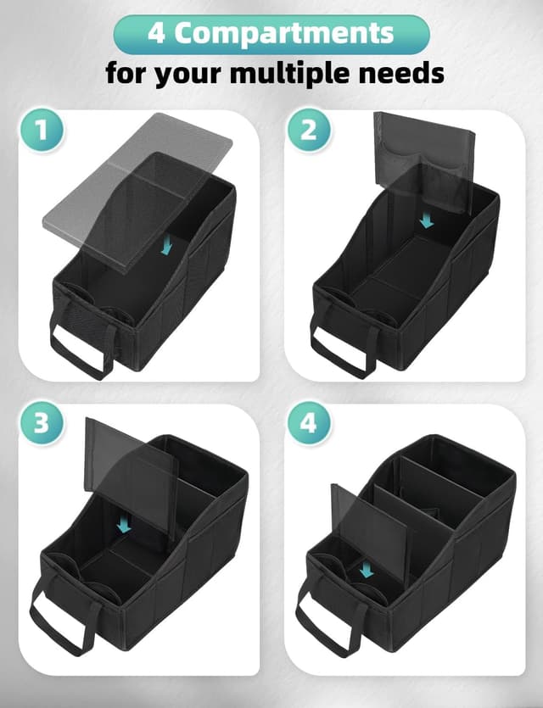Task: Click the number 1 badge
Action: coord(40,131)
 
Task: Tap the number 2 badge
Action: coord(307,131)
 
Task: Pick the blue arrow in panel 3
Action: coord(125,526)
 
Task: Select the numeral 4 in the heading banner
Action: coord(157,33)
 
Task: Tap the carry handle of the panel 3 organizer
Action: coord(64,623)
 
